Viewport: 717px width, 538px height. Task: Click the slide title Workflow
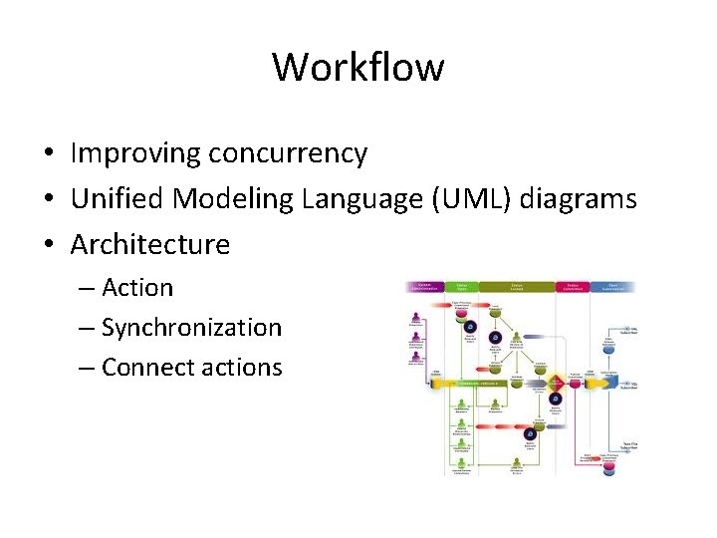click(358, 68)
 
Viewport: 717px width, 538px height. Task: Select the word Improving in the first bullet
click(135, 153)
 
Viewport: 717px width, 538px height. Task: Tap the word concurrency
click(288, 154)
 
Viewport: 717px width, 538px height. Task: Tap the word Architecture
click(150, 244)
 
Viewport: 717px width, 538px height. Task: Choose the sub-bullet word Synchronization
click(191, 328)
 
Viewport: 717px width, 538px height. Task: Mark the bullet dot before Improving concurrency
click(48, 154)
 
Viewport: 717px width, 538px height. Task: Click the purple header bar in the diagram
click(423, 288)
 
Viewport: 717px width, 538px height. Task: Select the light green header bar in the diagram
click(462, 288)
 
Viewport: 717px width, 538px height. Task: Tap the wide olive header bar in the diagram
click(517, 288)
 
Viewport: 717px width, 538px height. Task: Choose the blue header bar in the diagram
click(613, 288)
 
